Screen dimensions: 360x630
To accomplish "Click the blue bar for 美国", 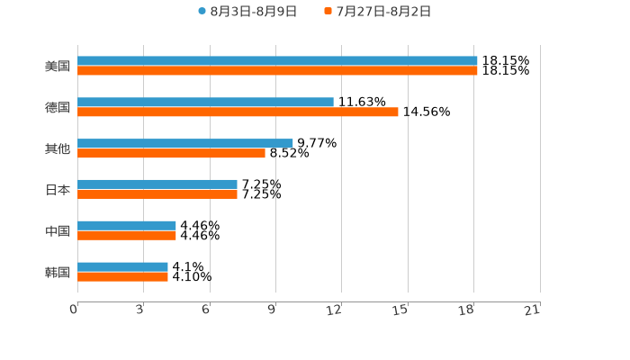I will coord(277,61).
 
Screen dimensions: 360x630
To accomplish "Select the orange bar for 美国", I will coord(277,71).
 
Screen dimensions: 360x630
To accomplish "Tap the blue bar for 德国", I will coord(205,103).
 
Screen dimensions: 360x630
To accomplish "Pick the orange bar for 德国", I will coord(238,112).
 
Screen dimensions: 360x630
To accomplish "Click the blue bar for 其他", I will coord(185,143).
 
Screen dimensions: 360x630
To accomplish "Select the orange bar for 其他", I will coord(172,154).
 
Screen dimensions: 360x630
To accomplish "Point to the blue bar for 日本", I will coord(157,184).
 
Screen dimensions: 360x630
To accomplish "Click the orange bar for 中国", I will coord(127,236).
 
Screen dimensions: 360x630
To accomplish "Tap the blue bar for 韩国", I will coord(122,267).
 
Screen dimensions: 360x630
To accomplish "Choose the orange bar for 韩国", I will coord(122,277).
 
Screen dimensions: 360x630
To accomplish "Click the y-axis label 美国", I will coord(58,67).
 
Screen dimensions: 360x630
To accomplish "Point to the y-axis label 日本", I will coord(58,190).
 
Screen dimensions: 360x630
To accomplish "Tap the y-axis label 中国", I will coord(58,231).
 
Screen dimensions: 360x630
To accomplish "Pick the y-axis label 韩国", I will coord(58,273).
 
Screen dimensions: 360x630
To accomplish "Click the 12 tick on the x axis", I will coord(334,310).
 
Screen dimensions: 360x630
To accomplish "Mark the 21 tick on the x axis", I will coord(532,310).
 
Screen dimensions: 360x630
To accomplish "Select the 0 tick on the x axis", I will coord(74,310).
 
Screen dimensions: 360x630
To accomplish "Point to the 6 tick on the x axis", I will coord(206,310).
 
